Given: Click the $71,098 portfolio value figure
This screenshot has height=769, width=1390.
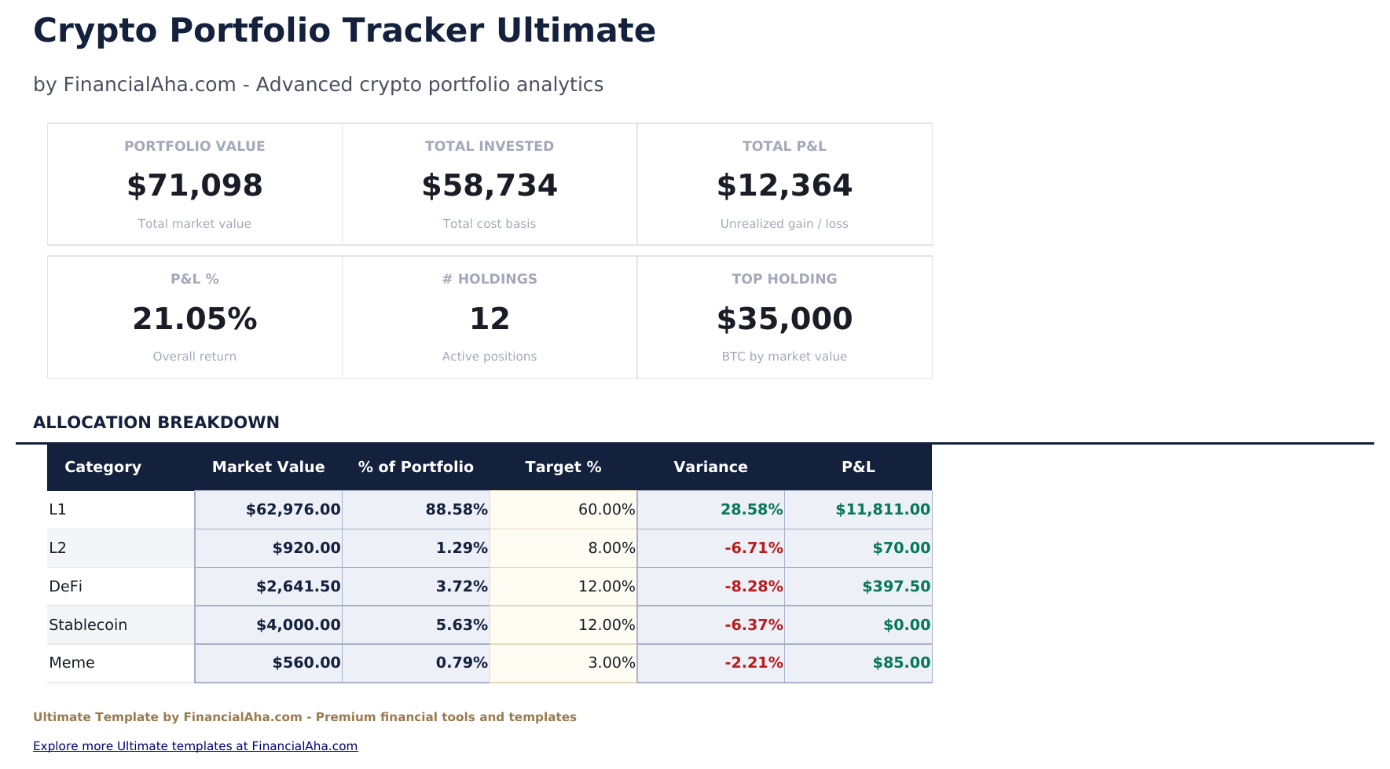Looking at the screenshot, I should [194, 186].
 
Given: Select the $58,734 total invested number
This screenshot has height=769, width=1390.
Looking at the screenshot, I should [489, 186].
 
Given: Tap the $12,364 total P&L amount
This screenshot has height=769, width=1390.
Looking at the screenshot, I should [783, 186].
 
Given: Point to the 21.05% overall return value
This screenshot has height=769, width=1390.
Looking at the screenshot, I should [194, 319].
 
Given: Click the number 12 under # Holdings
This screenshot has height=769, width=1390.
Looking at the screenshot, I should [489, 319].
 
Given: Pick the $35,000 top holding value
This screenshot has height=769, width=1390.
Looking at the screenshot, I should [783, 319].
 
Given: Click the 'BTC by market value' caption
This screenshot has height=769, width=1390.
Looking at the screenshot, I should [783, 357].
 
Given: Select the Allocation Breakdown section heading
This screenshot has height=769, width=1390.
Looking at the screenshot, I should [156, 423].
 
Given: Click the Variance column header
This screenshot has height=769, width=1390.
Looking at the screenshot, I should [710, 467].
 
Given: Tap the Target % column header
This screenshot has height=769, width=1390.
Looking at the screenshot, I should [563, 467].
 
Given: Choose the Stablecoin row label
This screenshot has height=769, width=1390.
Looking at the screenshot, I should [88, 625].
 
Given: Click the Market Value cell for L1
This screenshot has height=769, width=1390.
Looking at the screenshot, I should [292, 510].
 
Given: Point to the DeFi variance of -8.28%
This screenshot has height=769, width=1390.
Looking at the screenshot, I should [753, 587].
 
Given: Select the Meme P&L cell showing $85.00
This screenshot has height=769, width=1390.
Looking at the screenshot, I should [900, 663].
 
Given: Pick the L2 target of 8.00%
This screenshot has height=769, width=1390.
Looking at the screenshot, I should [611, 548].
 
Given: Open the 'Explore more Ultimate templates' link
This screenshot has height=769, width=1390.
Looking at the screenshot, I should [195, 746].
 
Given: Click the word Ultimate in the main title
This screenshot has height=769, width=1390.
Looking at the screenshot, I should [575, 31].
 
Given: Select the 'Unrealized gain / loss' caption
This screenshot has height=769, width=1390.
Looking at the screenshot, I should [783, 224].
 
